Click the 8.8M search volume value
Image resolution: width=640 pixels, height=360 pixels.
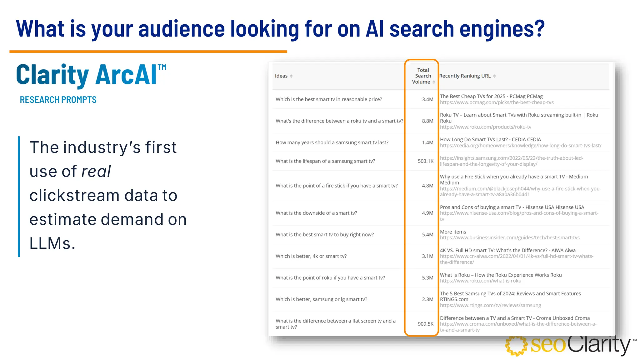point(427,121)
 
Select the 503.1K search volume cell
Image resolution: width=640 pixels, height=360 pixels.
point(425,161)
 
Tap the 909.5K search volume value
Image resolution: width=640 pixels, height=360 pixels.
point(425,324)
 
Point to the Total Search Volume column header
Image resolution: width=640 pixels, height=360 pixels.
point(422,76)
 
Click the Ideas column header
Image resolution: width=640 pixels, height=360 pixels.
point(281,76)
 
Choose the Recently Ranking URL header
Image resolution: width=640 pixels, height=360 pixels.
point(465,76)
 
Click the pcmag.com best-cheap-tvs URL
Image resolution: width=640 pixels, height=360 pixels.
point(497,102)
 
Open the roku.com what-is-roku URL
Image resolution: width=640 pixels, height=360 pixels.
point(480,281)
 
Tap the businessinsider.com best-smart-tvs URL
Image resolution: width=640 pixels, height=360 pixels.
point(509,238)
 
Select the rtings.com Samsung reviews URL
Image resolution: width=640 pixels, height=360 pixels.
point(490,305)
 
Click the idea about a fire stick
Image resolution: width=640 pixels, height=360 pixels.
point(336,186)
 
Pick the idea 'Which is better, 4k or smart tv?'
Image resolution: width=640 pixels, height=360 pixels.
point(311,256)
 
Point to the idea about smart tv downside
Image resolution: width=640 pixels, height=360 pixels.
point(316,213)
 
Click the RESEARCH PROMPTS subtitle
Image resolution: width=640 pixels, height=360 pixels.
point(58,100)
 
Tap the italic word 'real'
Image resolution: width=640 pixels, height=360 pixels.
point(96,172)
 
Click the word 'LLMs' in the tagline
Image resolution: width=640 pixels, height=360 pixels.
point(52,243)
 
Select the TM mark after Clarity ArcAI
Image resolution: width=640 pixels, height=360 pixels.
point(162,67)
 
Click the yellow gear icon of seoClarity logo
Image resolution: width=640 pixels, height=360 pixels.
point(516,346)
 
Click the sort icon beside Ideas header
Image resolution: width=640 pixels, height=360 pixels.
point(291,76)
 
